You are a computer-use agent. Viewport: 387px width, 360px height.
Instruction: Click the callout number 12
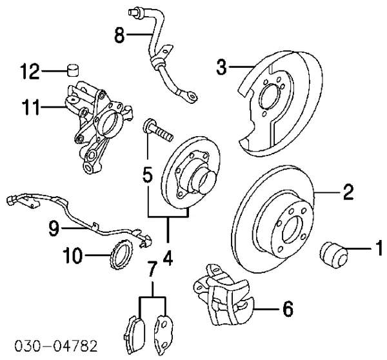(x=30, y=72)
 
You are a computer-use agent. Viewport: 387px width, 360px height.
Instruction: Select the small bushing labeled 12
(x=73, y=70)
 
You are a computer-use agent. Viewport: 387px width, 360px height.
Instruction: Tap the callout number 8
(x=119, y=35)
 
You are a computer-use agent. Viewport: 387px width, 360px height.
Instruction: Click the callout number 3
(x=221, y=66)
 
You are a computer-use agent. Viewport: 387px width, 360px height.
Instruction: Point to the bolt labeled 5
(x=158, y=130)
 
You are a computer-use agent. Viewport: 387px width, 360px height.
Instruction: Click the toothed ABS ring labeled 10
(x=121, y=254)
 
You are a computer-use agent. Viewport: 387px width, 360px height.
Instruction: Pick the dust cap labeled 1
(x=333, y=255)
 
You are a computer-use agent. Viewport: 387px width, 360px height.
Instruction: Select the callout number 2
(x=348, y=192)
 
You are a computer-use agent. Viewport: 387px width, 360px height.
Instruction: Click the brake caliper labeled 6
(x=224, y=295)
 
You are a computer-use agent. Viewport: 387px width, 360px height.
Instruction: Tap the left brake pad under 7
(x=135, y=334)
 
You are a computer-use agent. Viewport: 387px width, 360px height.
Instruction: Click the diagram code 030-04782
(x=56, y=346)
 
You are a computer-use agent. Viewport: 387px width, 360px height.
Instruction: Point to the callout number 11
(x=30, y=107)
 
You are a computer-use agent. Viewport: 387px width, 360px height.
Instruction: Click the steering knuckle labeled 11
(x=98, y=126)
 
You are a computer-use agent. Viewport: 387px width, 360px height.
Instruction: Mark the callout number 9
(x=54, y=228)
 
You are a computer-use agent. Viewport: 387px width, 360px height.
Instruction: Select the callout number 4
(x=168, y=258)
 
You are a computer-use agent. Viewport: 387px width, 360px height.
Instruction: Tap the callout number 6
(x=288, y=308)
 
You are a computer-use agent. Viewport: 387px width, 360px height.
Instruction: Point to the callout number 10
(x=72, y=255)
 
